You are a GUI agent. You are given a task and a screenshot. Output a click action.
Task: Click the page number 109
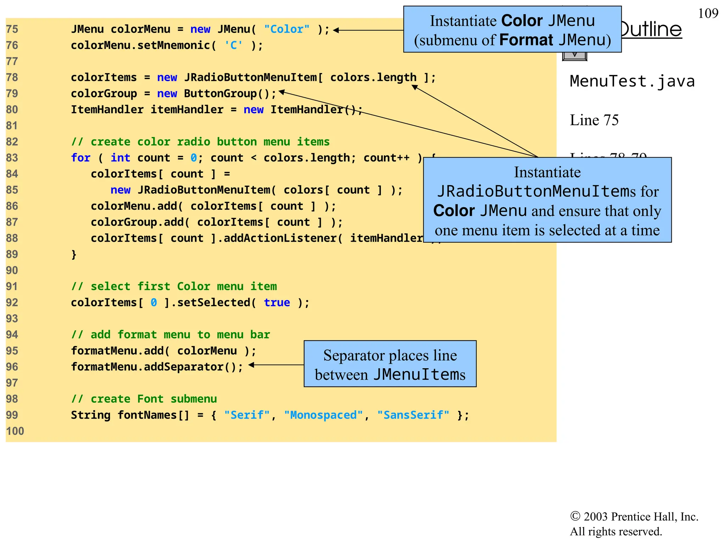[708, 13]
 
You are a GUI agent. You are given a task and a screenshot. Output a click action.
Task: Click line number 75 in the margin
[12, 29]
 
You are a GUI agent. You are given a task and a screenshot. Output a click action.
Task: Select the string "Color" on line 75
[286, 29]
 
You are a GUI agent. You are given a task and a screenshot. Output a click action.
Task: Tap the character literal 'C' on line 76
[234, 45]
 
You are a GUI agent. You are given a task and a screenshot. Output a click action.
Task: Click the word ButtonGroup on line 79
[220, 94]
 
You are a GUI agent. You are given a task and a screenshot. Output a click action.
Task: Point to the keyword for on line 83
[80, 158]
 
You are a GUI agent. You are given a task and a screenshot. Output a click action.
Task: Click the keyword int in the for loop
[120, 158]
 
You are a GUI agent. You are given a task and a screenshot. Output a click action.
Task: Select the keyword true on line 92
[277, 303]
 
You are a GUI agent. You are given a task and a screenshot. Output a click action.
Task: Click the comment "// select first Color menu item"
[174, 286]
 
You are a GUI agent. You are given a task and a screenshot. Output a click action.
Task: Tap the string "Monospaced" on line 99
[323, 415]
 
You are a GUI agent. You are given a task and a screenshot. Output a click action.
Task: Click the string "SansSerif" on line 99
[413, 415]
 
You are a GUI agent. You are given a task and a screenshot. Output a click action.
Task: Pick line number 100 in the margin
[15, 431]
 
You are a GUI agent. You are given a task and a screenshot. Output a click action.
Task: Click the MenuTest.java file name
[632, 81]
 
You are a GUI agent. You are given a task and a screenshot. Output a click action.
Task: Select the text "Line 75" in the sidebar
[594, 120]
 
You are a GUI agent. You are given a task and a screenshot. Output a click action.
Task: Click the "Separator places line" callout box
[390, 364]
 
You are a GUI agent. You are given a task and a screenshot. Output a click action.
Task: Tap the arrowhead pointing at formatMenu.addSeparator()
[251, 365]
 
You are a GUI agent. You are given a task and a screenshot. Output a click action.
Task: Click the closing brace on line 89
[74, 254]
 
